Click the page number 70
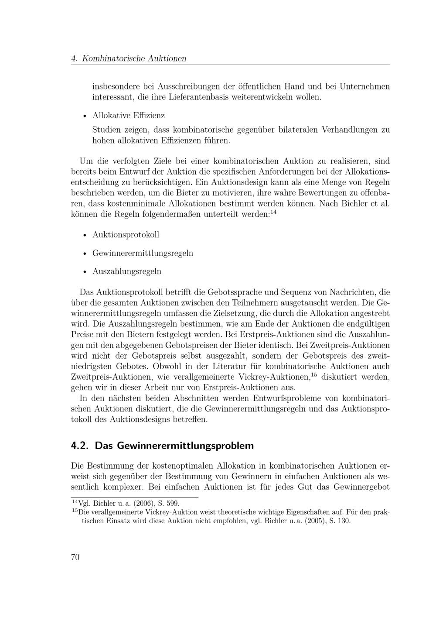(75, 557)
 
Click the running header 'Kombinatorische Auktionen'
(134, 58)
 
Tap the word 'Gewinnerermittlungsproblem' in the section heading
(174, 446)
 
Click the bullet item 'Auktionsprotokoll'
(126, 235)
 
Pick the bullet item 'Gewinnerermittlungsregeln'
(143, 253)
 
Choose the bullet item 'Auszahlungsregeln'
(127, 271)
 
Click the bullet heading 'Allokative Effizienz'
(129, 116)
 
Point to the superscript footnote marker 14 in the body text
(273, 213)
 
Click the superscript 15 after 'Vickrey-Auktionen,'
(313, 374)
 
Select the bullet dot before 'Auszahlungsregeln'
(84, 272)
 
